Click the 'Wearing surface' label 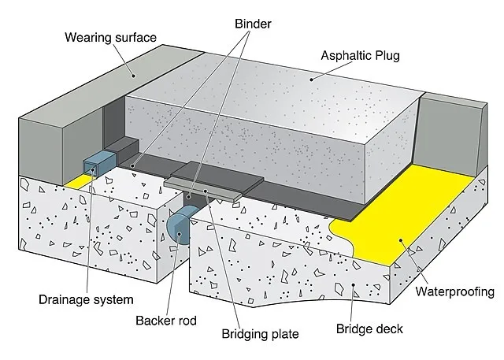pos(110,37)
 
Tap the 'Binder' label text pos(253,24)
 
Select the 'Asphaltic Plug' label pos(361,56)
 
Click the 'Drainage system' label pos(86,299)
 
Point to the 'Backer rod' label pos(166,321)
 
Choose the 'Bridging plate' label pos(260,334)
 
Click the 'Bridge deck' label pos(369,328)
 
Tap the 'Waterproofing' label pos(455,291)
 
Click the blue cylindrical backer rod pos(182,225)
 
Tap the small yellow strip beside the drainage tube pos(76,181)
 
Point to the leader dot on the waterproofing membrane pos(401,240)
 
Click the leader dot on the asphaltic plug pos(311,79)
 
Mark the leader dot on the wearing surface pos(133,76)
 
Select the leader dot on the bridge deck pos(354,284)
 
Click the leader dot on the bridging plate pos(206,191)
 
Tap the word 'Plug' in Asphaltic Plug pos(386,56)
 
